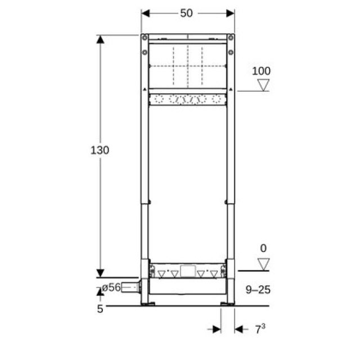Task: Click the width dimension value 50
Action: coord(187,13)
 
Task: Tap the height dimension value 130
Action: coord(100,151)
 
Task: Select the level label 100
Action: coord(261,71)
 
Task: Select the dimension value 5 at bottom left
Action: coord(100,308)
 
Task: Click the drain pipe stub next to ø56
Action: coord(131,287)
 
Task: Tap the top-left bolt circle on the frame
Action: coord(145,38)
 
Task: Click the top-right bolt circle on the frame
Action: coord(230,38)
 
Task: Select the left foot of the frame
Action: coord(149,304)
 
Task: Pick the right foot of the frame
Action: coord(227,304)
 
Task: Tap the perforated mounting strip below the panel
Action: coord(187,100)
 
